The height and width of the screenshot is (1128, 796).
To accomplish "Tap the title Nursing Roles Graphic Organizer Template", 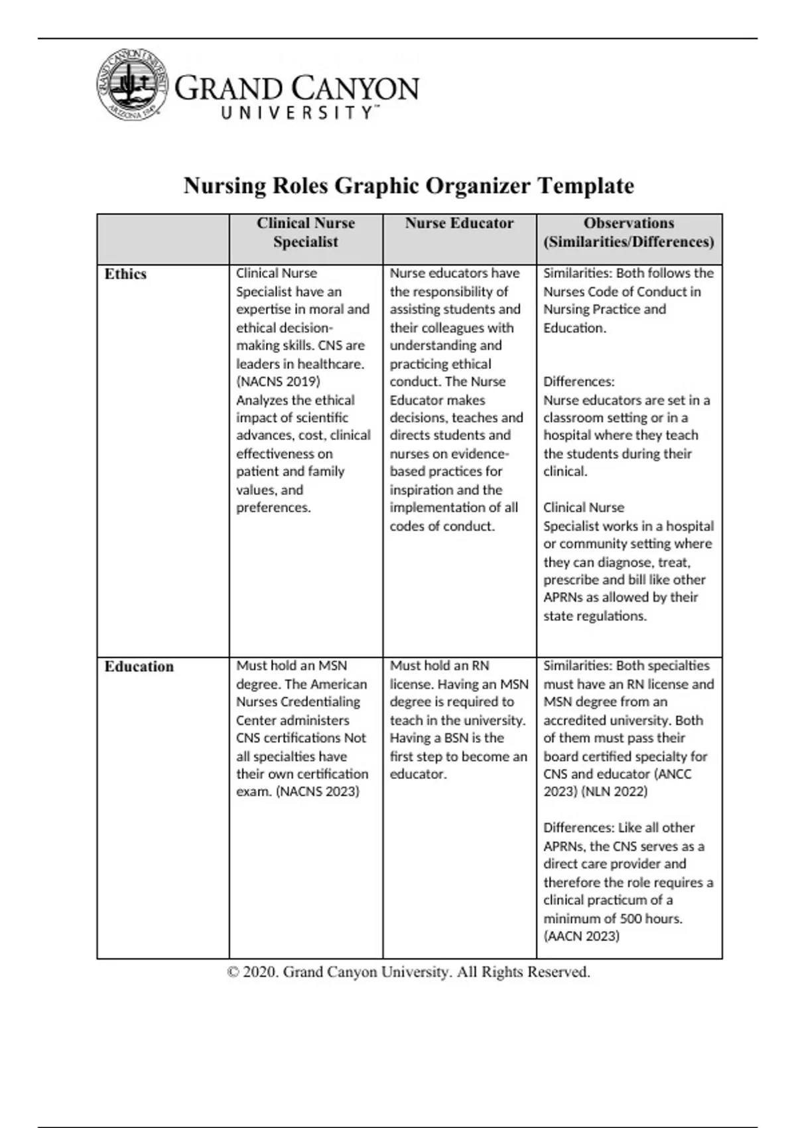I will point(408,185).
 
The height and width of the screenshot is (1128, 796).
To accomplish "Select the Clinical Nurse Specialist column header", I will point(306,232).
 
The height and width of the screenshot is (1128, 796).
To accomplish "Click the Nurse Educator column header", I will point(459,224).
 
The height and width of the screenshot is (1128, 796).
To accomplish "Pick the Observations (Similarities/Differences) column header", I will point(628,232).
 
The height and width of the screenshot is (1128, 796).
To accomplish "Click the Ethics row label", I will point(125,274).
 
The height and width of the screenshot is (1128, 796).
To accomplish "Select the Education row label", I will point(139,667).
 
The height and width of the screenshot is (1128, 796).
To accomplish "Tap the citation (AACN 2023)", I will point(581,936).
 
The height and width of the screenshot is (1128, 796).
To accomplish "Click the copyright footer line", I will point(408,972).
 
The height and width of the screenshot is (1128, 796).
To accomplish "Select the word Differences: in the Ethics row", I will point(578,382).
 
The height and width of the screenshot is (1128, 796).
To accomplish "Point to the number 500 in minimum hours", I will point(631,919).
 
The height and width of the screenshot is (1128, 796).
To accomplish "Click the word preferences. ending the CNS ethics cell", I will point(273,508).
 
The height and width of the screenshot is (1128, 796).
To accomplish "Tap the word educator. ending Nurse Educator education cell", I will point(417,774).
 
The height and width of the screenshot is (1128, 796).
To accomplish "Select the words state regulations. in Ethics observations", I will point(594,616).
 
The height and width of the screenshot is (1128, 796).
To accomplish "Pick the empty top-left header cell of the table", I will point(163,239).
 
